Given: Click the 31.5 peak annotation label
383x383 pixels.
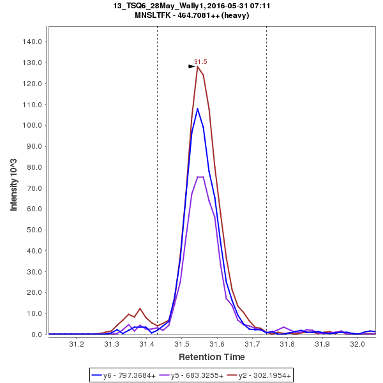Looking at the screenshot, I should tap(200, 62).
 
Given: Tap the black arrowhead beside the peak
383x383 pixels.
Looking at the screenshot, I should tap(191, 66).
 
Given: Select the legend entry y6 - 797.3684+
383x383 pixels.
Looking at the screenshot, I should tap(130, 375).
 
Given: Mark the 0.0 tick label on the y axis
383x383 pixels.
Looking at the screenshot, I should tap(36, 334).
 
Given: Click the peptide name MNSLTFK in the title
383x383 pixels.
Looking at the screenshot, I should tap(156, 15).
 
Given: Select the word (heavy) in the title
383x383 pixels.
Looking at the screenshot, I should tap(235, 15).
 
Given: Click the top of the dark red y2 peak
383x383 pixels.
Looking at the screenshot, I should tap(198, 66).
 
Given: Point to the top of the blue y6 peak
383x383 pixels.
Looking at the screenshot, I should tap(198, 109).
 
